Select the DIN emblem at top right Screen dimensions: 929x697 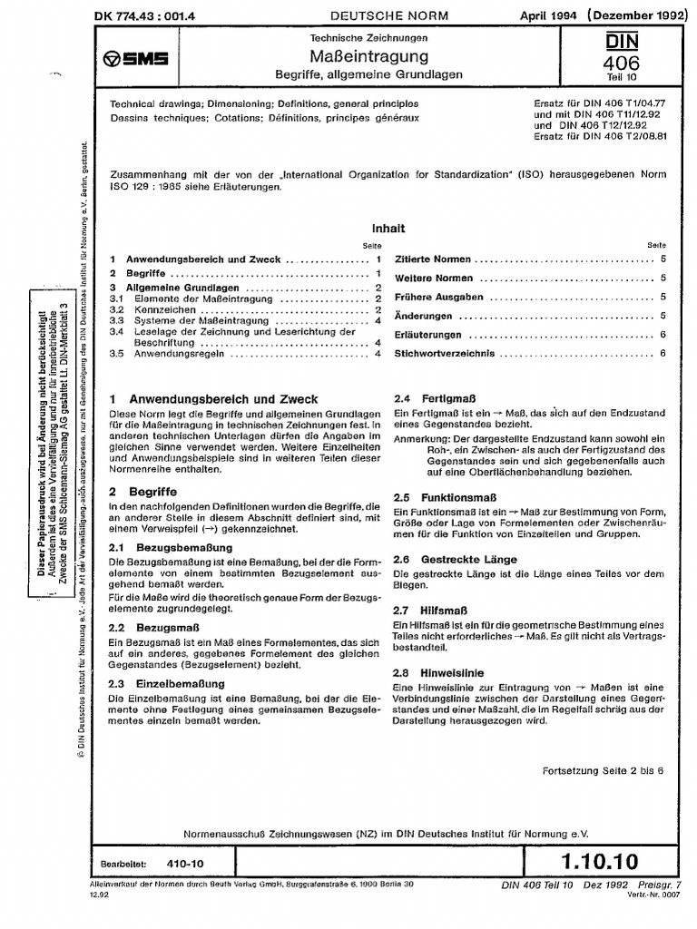[627, 44]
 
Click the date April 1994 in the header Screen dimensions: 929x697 [545, 15]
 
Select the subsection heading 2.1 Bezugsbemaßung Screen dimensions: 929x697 [172, 549]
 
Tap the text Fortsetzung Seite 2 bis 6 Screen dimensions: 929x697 [609, 769]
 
